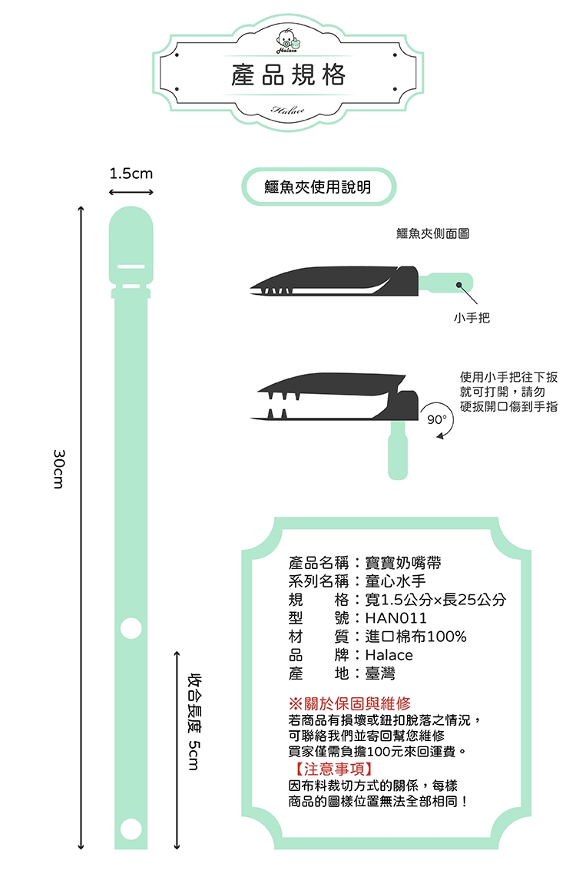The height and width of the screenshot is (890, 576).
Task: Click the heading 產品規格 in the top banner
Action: tap(288, 75)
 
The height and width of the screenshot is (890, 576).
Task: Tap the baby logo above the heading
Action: tap(288, 40)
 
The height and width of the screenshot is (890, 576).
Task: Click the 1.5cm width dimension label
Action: tap(131, 173)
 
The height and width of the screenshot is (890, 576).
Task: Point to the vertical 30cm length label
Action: tap(58, 469)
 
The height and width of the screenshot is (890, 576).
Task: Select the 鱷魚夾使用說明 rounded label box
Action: tap(318, 187)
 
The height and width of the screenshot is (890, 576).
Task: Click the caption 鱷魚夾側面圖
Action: tap(432, 233)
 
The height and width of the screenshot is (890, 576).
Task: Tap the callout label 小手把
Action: tap(472, 318)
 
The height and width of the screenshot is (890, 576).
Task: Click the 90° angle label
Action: tap(437, 419)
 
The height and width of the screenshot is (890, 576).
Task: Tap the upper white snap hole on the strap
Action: tap(131, 628)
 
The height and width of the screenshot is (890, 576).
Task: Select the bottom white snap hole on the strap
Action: tap(131, 828)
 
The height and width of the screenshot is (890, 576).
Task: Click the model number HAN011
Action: tap(396, 617)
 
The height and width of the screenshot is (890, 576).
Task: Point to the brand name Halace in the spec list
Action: tap(389, 655)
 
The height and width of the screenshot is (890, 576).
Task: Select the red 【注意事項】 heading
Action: tap(333, 769)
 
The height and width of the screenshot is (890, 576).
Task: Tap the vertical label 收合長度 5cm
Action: tap(194, 721)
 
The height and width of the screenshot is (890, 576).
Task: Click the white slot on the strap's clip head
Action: tap(131, 266)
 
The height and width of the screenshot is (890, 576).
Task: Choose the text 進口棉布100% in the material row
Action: tap(415, 637)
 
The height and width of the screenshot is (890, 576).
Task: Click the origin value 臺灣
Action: tap(379, 673)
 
